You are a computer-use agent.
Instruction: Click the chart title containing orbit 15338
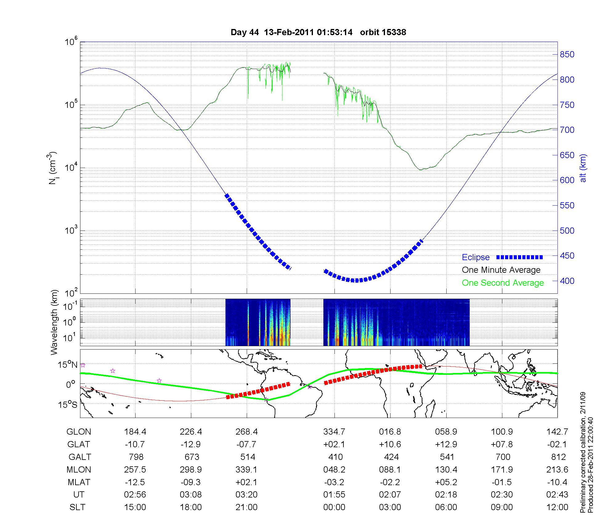point(318,32)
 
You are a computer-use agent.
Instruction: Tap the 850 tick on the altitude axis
point(567,55)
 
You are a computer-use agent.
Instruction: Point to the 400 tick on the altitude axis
point(567,281)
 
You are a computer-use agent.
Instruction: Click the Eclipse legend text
point(476,257)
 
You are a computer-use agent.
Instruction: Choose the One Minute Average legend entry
point(501,270)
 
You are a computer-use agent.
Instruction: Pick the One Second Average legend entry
point(503,283)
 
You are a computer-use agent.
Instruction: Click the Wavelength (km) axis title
point(55,322)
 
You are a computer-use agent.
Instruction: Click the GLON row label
point(79,432)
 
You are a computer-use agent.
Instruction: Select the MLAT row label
point(79,482)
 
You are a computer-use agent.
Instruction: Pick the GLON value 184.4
point(135,432)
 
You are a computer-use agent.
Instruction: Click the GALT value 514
point(248,457)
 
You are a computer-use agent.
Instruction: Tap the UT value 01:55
point(334,495)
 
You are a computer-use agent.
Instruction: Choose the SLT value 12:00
point(557,507)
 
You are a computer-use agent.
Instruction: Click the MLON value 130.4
point(446,469)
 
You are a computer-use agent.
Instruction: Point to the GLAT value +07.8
point(502,444)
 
